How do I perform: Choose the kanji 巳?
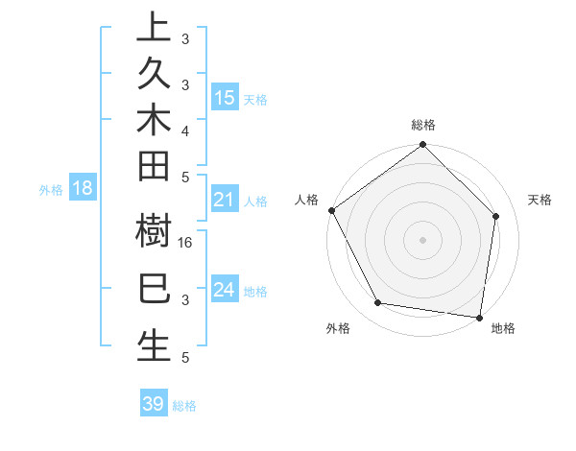pos(154,289)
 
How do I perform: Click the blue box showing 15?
pos(225,97)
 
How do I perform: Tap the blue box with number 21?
pos(225,200)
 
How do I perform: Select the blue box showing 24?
pos(225,289)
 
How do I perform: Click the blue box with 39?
pos(154,404)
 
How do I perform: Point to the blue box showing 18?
pos(83,188)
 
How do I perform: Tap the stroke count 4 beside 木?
pos(185,130)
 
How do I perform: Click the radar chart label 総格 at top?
pos(423,126)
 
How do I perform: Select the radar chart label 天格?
pos(540,200)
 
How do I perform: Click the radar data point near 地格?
pos(479,317)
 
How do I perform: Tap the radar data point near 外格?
pos(378,303)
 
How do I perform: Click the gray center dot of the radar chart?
pos(423,239)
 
